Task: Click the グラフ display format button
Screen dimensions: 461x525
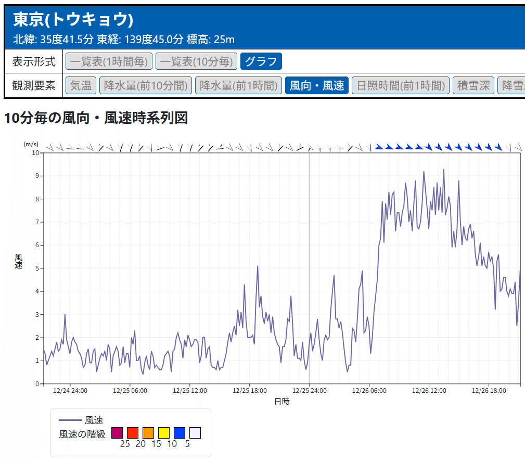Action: click(261, 61)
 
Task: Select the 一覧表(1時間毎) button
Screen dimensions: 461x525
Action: click(109, 61)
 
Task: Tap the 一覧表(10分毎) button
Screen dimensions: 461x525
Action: click(196, 61)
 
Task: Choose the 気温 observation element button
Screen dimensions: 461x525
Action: click(81, 85)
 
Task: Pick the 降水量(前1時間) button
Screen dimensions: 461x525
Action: click(238, 85)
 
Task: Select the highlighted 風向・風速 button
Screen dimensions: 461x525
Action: click(317, 85)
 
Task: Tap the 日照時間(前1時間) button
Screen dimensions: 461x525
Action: click(401, 85)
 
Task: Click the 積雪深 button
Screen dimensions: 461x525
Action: click(473, 85)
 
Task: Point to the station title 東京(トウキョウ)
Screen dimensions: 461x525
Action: click(73, 20)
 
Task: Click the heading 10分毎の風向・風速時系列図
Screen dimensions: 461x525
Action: click(96, 118)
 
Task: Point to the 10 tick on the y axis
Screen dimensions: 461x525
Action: click(35, 152)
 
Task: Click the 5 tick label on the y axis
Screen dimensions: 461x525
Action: click(37, 268)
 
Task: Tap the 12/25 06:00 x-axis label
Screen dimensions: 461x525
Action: click(130, 391)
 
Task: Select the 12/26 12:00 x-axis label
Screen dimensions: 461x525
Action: click(429, 391)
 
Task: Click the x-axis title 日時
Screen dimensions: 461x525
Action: click(281, 401)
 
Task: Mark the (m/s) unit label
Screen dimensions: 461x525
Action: click(31, 144)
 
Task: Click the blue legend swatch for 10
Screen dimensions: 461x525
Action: click(180, 433)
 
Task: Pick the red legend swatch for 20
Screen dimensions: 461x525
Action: click(133, 433)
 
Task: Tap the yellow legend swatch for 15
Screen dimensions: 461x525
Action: click(164, 433)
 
